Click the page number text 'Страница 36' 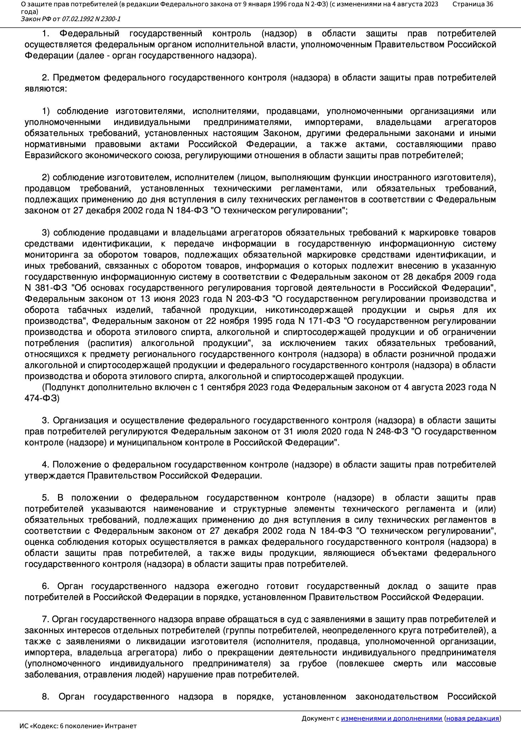point(472,4)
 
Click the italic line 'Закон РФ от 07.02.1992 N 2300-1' point(71,19)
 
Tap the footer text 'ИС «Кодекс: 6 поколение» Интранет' point(78,726)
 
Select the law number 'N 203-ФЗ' point(247,299)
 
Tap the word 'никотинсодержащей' point(309,310)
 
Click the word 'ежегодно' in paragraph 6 point(238,586)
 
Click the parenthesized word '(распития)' point(110,343)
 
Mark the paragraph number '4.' point(45,465)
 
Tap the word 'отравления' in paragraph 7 point(106,675)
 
